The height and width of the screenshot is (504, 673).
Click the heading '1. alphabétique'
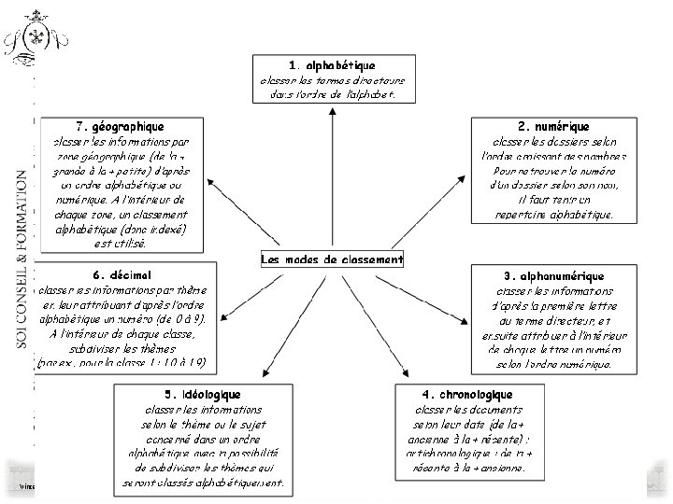pos(332,65)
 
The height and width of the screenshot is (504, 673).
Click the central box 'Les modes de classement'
pos(332,259)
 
